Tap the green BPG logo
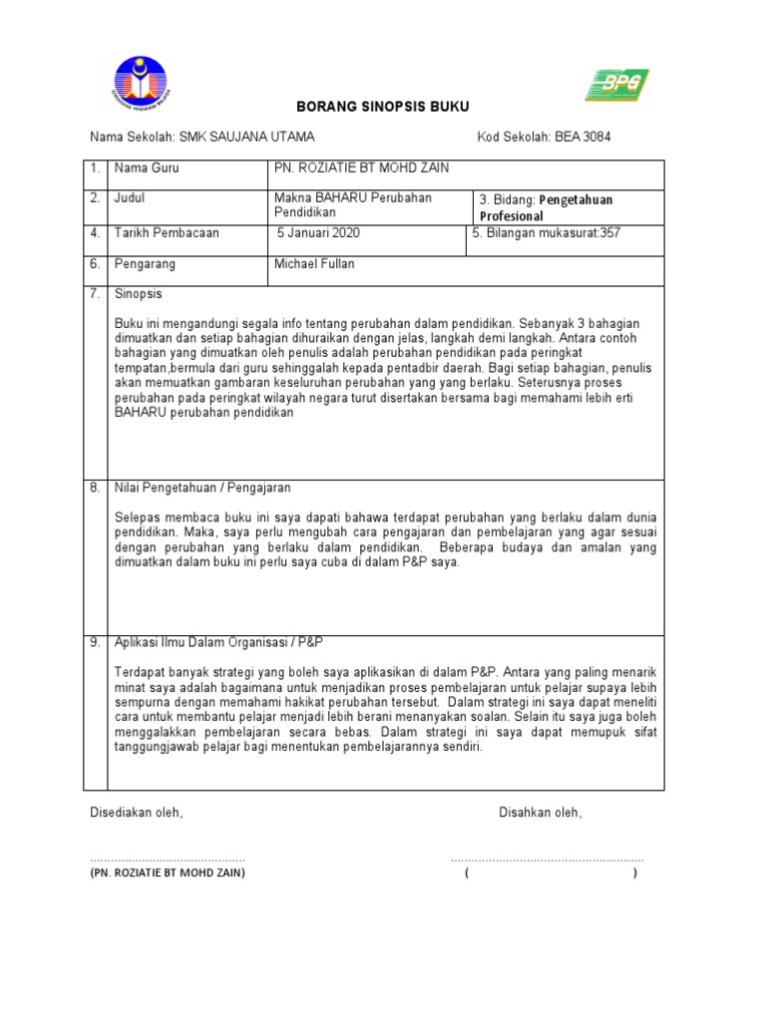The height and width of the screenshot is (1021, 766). (x=617, y=85)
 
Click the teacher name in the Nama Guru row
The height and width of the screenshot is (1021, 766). (x=362, y=169)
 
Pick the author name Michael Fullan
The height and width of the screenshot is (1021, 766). (x=314, y=264)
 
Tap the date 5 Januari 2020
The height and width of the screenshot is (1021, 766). (x=319, y=233)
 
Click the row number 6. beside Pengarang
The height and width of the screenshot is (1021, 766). (x=96, y=264)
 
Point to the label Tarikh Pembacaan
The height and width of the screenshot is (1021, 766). (x=168, y=233)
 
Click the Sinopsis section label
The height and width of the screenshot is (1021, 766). (x=139, y=295)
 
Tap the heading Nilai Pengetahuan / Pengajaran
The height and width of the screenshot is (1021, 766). (x=202, y=488)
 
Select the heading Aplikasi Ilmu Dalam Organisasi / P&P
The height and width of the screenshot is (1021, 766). (x=225, y=642)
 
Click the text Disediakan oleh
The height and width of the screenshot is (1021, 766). (x=137, y=813)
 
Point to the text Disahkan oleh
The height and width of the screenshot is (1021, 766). (x=540, y=813)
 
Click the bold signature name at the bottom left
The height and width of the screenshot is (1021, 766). (x=167, y=873)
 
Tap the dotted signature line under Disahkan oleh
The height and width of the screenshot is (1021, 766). (x=547, y=858)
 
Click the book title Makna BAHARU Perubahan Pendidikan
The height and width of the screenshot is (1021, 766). (x=353, y=204)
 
